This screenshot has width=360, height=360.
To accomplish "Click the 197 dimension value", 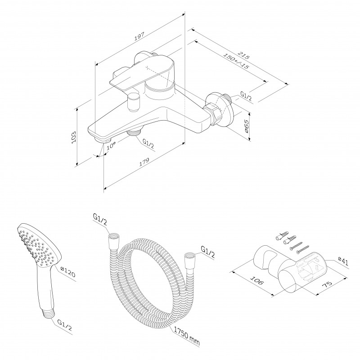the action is click(x=139, y=37).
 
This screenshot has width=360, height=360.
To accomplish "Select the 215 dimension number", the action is click(x=243, y=55).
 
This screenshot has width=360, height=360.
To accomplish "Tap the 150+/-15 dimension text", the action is click(x=236, y=61).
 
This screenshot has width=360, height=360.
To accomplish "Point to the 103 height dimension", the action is click(x=74, y=137).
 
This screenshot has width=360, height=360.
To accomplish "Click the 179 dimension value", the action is click(x=144, y=162).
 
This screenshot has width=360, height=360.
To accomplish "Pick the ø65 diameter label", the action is click(x=246, y=126).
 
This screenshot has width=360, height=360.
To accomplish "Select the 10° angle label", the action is click(x=111, y=146).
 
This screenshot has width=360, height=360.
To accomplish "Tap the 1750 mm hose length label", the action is click(x=187, y=336).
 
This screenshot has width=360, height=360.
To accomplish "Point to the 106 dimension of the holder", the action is click(x=256, y=280).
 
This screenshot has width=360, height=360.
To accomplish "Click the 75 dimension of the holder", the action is click(x=327, y=283).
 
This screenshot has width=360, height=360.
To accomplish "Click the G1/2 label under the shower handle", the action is click(x=64, y=325).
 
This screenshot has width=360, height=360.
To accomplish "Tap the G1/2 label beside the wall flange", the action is click(x=246, y=96).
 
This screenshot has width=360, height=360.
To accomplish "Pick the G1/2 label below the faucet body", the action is click(x=148, y=144).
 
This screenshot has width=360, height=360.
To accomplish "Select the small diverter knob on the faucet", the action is click(x=134, y=102).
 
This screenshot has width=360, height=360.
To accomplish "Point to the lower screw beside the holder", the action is click(x=303, y=249).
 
